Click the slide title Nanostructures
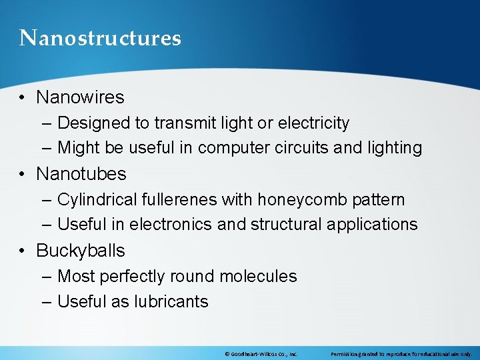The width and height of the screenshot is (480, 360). pos(100,38)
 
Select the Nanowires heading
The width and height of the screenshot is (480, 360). pos(80,97)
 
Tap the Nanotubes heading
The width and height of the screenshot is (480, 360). pos(81,174)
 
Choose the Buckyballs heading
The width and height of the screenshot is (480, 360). pos(80,251)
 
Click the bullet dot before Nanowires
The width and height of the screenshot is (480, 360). pos(23,98)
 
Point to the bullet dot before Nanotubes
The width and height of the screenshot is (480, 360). pos(23,175)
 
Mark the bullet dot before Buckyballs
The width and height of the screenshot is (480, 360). pos(23,251)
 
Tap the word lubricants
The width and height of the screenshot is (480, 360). pos(171,302)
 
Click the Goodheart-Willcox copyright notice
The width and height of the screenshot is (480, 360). pos(261,354)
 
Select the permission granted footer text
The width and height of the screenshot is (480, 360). pos(401,354)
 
